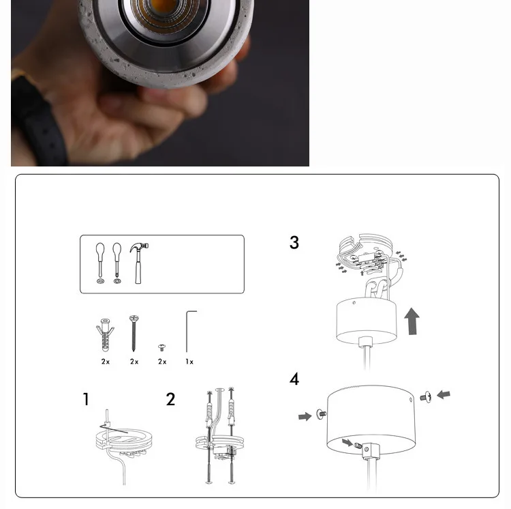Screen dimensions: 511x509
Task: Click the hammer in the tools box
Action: coord(138,263)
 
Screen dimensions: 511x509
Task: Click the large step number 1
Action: coord(86,399)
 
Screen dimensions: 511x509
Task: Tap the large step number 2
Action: coord(170,399)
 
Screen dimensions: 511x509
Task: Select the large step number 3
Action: coord(294,242)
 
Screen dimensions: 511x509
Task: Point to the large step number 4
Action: coord(294,379)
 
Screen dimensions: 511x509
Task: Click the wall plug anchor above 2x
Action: coord(105,335)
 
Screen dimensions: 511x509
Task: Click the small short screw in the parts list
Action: coord(161,347)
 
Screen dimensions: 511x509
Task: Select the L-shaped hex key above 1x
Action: coord(187,331)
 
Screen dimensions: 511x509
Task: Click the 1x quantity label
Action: coord(189,362)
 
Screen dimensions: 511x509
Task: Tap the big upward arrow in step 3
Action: coord(412,321)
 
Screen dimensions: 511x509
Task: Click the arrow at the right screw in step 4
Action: coord(444,394)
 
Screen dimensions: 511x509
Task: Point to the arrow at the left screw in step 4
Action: coord(305,416)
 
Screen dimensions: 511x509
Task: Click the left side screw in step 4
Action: coord(321,414)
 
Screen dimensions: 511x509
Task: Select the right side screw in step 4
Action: coord(426,397)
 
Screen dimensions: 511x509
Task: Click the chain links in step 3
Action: coord(377,288)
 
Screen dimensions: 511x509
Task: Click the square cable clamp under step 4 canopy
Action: coord(371,450)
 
